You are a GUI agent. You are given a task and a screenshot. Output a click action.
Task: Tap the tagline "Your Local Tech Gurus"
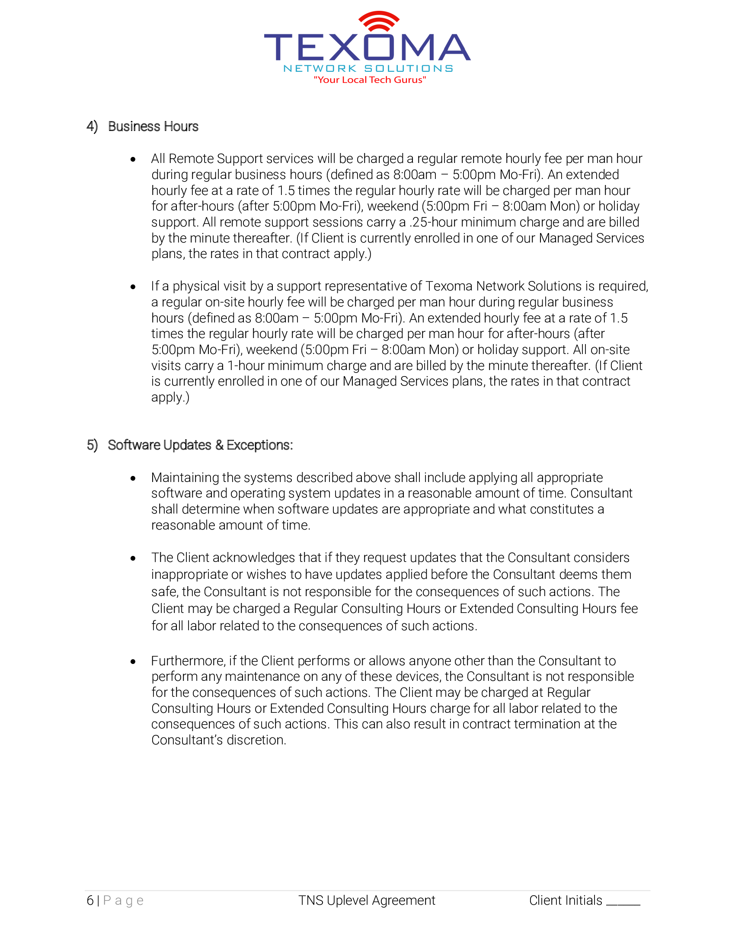click(370, 80)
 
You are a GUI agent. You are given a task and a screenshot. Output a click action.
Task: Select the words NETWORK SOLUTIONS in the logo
click(368, 68)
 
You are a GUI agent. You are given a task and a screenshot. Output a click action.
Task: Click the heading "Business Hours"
click(153, 126)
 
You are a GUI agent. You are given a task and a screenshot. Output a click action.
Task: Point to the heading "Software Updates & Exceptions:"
click(200, 445)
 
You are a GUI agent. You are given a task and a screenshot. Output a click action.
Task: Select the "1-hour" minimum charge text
click(245, 365)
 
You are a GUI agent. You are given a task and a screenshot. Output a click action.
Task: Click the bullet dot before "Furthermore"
click(133, 662)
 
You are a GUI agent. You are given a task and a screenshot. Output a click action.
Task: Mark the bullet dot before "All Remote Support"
click(133, 160)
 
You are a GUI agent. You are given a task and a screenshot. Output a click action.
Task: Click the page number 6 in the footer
click(89, 900)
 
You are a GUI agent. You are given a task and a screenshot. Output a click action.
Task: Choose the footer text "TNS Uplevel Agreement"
click(367, 900)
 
